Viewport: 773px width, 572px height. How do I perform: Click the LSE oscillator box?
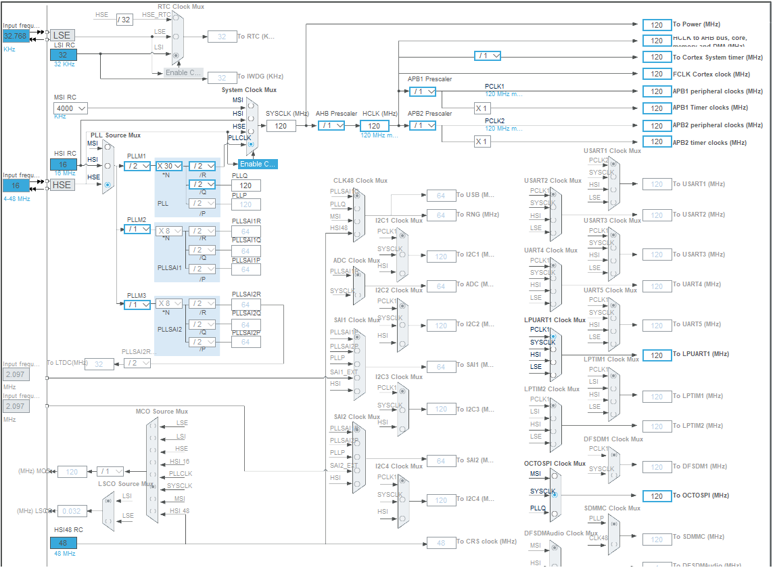(62, 35)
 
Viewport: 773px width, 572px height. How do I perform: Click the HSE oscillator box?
(62, 184)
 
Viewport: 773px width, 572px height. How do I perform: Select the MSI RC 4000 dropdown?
(71, 108)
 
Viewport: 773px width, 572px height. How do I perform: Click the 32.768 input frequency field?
(16, 36)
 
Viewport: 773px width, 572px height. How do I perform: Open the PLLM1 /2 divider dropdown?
(137, 166)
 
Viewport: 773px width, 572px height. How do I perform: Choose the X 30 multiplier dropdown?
(169, 166)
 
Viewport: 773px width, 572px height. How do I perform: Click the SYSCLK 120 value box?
(281, 125)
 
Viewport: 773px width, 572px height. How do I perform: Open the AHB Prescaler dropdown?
(331, 125)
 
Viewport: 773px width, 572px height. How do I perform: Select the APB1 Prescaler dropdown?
(423, 91)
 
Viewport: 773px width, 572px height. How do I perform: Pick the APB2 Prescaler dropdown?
(423, 125)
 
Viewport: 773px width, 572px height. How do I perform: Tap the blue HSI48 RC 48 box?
(63, 542)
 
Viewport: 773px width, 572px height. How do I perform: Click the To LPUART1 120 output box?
(656, 355)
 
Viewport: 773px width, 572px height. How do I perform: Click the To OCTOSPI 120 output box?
(656, 496)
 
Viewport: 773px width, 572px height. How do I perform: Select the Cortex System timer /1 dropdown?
(487, 56)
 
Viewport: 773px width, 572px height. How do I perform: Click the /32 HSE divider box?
(124, 20)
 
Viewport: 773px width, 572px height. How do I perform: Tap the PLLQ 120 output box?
(245, 185)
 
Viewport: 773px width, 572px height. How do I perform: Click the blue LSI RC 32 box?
(63, 55)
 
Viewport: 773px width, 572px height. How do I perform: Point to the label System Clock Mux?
(249, 90)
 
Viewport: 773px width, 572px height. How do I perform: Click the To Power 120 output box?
(656, 24)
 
